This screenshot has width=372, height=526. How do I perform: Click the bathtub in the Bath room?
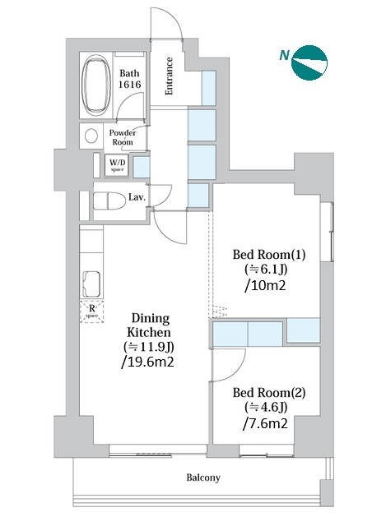tap(96, 85)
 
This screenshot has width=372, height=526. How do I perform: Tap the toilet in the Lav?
tap(109, 201)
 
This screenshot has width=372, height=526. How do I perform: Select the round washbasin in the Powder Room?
tap(91, 136)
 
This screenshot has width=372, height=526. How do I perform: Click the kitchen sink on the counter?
tap(91, 284)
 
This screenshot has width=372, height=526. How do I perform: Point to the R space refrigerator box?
tap(91, 312)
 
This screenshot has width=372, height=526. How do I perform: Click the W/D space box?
tap(117, 165)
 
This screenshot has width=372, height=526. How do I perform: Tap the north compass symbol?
tap(309, 62)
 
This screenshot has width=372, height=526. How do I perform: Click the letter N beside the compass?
tap(284, 55)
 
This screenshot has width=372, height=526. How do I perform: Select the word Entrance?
tap(169, 76)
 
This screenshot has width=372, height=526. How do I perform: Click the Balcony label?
tap(203, 477)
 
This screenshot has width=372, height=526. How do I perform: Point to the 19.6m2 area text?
tap(147, 362)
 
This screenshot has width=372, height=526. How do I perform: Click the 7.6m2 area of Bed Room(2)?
tap(266, 424)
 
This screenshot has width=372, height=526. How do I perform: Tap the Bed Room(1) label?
tap(269, 255)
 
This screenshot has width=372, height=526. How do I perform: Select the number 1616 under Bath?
tap(129, 84)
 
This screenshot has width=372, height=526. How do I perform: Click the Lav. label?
tap(137, 197)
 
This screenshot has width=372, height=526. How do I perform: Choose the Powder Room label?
tap(123, 137)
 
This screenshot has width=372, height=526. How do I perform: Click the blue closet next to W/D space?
tap(141, 167)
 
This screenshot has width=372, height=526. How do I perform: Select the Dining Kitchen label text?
tap(149, 325)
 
